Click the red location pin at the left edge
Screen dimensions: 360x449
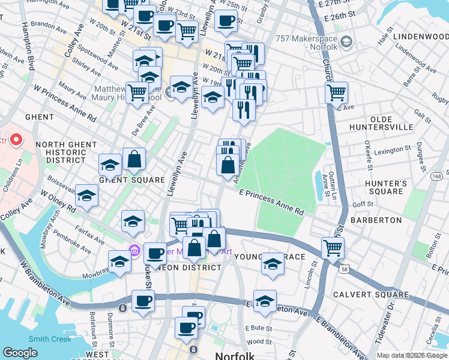point(15,140)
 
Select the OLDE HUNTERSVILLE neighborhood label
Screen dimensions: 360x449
point(383,122)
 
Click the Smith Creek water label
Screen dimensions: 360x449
point(50,339)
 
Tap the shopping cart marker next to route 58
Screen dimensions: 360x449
point(333,246)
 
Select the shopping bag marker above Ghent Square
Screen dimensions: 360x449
point(134,159)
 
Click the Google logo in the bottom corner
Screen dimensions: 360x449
point(20,353)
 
